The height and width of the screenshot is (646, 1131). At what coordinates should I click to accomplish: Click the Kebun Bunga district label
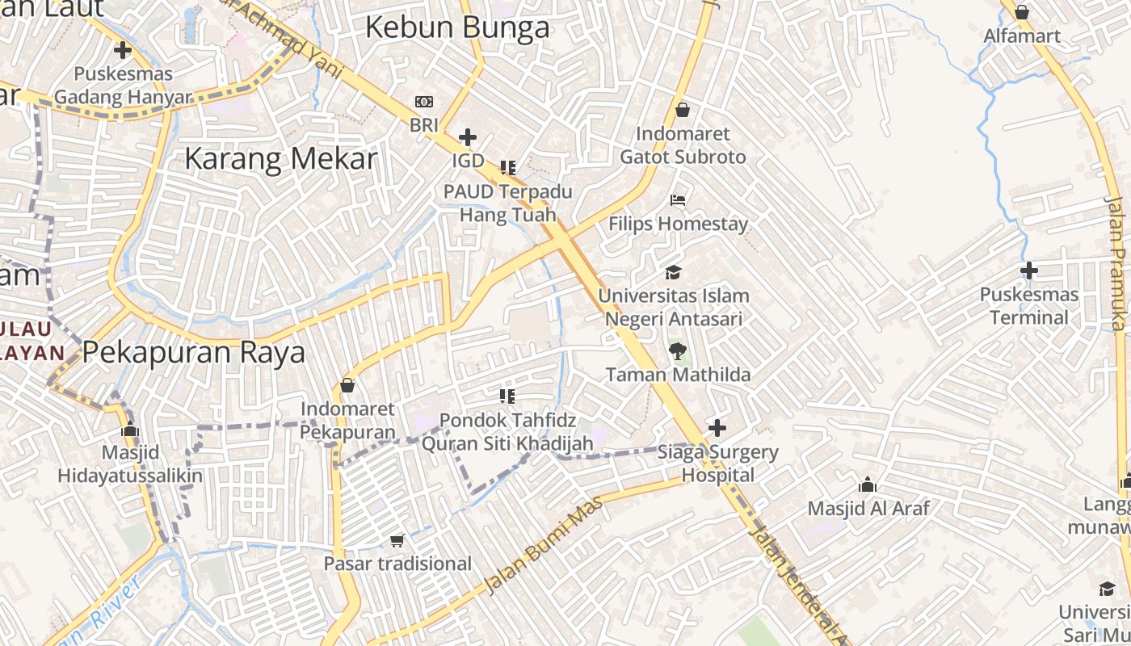457,28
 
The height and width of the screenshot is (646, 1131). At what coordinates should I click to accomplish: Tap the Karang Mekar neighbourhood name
280,158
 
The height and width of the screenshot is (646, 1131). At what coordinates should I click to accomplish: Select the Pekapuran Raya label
194,353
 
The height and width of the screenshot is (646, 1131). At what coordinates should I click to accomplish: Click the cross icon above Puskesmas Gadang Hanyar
123,51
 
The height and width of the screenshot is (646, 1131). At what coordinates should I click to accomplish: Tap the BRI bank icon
423,102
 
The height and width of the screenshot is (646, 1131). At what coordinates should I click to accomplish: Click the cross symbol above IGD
468,137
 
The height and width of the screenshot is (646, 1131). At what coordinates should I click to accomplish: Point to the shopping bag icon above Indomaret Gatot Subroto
683,110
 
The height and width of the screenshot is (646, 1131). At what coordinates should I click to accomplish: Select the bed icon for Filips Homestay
678,199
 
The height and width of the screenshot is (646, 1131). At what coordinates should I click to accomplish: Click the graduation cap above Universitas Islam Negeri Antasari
673,273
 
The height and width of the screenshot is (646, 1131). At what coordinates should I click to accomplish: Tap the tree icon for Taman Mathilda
677,350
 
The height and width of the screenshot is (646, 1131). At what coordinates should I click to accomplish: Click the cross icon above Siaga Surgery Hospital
717,428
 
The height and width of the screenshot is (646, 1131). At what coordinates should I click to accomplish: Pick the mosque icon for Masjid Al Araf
868,484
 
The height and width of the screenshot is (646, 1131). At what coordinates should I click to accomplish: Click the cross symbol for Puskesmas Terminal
1028,271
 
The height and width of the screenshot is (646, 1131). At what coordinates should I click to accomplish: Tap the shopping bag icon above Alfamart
1021,13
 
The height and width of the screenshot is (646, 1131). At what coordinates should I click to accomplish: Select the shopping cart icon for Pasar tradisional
397,540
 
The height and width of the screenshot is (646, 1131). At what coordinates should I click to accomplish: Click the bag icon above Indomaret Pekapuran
347,386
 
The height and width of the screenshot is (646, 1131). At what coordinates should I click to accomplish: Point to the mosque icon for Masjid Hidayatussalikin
129,429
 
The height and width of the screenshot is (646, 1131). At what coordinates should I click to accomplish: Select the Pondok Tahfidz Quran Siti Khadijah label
508,431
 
